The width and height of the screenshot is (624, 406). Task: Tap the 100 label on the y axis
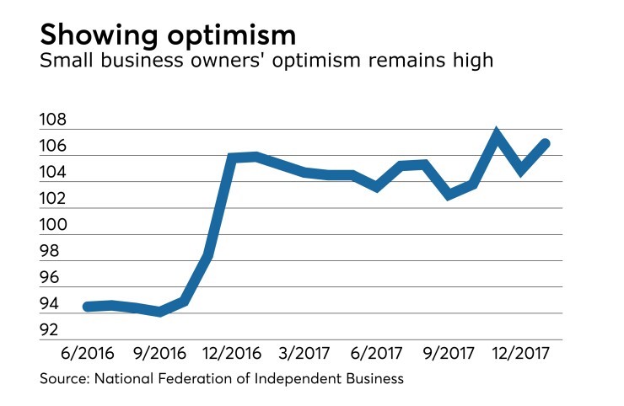point(55,226)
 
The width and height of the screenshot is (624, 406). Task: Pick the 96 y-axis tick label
point(51,278)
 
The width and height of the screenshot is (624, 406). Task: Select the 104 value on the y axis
point(55,174)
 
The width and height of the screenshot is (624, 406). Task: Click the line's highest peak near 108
point(497,134)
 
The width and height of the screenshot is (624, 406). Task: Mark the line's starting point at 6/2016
point(87,307)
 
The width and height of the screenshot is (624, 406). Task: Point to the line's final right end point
point(546,143)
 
